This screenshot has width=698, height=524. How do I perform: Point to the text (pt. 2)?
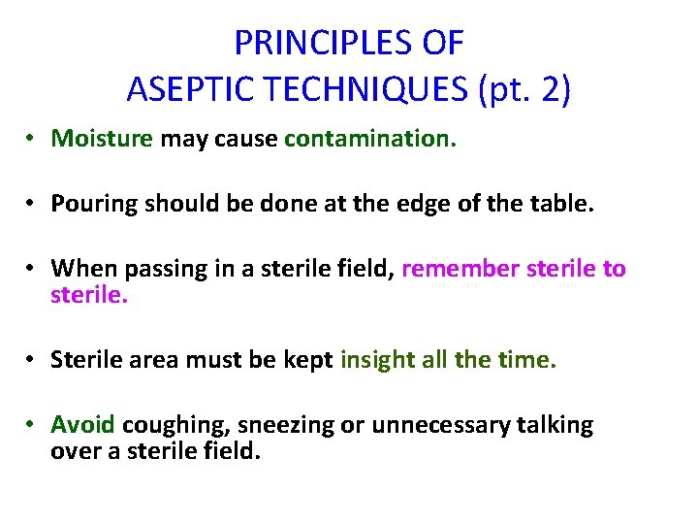point(523,90)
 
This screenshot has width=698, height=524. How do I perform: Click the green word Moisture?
point(102,139)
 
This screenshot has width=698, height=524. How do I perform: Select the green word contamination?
point(369,139)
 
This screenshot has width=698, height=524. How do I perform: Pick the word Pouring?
point(93,204)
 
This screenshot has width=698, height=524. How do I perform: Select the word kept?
point(304,360)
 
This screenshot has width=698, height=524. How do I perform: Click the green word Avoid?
point(83,425)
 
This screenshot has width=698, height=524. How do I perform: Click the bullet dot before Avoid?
point(32,426)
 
